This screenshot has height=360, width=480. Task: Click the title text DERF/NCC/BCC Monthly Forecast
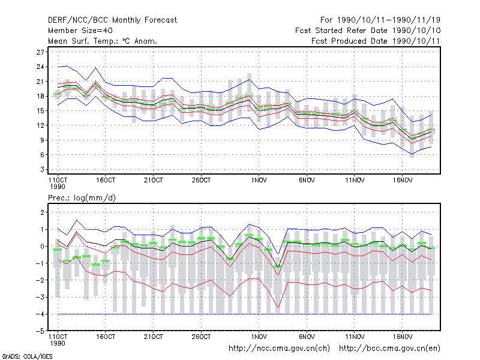112,20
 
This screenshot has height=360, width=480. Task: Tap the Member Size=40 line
80,31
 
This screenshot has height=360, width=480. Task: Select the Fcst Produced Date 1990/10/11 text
376,41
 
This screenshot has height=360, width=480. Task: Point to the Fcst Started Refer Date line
368,31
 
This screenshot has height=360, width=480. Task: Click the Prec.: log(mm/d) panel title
82,198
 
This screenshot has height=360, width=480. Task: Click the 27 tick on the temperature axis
40,52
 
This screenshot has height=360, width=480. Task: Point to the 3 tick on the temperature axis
42,169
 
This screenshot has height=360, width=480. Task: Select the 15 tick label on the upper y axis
40,111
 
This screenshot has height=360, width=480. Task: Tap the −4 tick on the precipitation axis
40,314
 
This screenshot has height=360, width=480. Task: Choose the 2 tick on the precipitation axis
42,212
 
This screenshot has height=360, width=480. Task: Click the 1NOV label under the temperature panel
259,181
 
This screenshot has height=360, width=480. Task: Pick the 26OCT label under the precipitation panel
202,337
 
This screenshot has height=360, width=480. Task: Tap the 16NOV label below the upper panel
403,181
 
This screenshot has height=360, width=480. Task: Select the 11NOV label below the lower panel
355,337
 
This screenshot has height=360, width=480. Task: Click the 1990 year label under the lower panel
58,343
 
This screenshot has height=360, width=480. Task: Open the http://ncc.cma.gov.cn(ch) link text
279,349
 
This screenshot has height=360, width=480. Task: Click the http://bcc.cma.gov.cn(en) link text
389,349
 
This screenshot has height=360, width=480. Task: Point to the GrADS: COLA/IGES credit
27,356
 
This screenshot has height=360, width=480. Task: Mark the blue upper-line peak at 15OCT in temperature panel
96,67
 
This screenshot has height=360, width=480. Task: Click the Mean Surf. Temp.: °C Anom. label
103,41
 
